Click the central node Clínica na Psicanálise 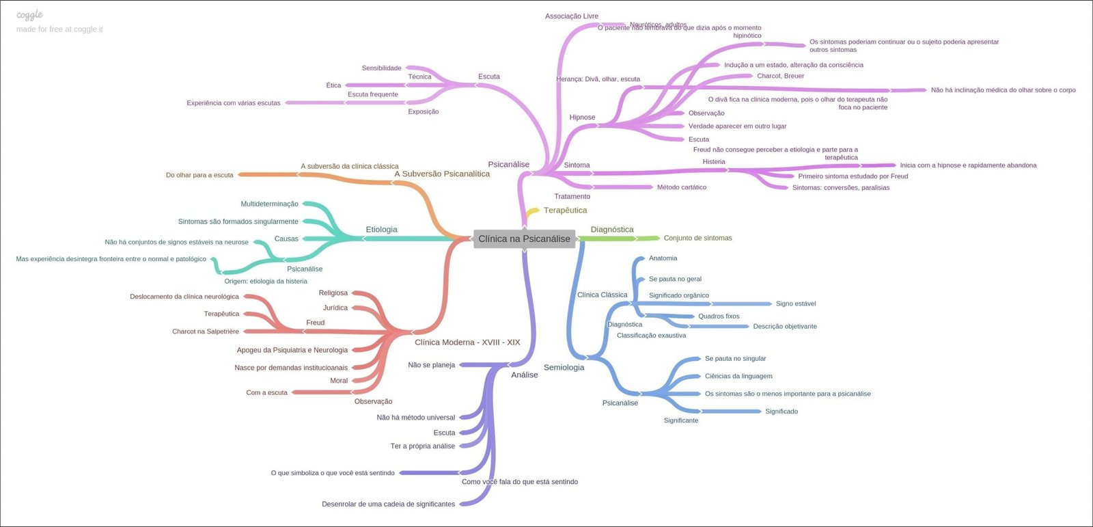click(x=524, y=239)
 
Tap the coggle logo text click(x=29, y=15)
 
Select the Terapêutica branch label click(x=565, y=211)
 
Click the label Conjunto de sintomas click(x=697, y=238)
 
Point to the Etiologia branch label click(x=381, y=230)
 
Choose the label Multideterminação click(x=269, y=204)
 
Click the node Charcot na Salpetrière click(x=206, y=332)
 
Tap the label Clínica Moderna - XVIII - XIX click(x=467, y=342)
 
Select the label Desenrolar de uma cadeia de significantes click(x=388, y=504)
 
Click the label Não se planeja click(x=431, y=365)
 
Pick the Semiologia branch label click(x=564, y=368)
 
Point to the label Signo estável click(x=796, y=303)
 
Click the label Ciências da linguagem click(x=738, y=376)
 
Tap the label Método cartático click(x=682, y=187)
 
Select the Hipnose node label click(x=582, y=118)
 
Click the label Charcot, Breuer click(x=780, y=76)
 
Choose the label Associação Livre click(x=572, y=16)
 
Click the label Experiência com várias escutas click(x=234, y=103)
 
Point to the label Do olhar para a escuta click(x=199, y=175)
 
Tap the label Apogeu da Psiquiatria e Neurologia click(x=292, y=350)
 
